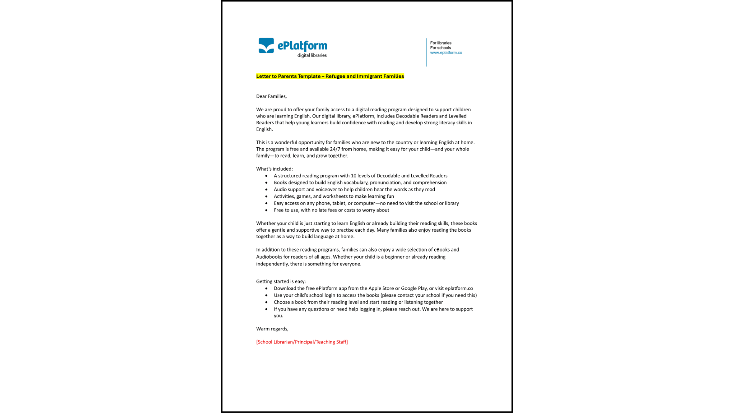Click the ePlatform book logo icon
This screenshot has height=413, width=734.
(x=266, y=46)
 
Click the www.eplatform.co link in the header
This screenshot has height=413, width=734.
(x=446, y=53)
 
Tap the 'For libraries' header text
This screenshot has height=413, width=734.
(x=440, y=43)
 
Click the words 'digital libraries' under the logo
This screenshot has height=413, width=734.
(x=312, y=55)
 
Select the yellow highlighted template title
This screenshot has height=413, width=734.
(x=330, y=76)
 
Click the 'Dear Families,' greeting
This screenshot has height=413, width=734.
(x=271, y=96)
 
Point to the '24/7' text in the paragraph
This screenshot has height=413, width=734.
(x=335, y=149)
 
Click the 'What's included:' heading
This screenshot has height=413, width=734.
(x=274, y=169)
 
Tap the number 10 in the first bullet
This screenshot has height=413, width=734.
(x=354, y=176)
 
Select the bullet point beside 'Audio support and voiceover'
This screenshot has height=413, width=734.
(x=266, y=190)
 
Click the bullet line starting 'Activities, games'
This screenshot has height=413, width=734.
(x=333, y=197)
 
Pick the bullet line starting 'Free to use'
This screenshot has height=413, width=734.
(x=331, y=210)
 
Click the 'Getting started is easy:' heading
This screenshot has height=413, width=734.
(x=281, y=281)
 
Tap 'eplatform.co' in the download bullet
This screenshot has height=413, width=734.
(x=459, y=288)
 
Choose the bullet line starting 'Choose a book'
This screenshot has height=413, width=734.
(x=358, y=302)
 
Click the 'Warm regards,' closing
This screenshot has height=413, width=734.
(x=272, y=329)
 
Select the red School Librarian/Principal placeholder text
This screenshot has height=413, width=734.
(x=302, y=342)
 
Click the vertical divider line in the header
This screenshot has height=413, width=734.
(x=426, y=52)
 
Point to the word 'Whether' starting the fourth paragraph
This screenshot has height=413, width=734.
(x=265, y=223)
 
